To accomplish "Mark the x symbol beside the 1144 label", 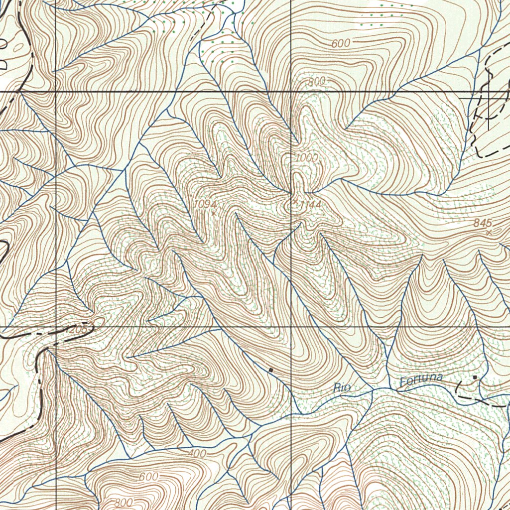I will pos(295,201).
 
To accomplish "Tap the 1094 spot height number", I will pos(205,204).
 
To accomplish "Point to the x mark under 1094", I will pos(214,213).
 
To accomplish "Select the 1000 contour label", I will pos(306,158).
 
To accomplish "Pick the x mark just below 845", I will pos(489,232).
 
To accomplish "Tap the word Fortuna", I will pos(421,381).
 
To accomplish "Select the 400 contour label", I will pos(197,454).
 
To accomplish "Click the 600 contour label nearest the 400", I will pos(148,477).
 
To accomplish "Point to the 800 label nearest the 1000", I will pos(316,82).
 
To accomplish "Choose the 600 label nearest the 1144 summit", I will pos(341,44).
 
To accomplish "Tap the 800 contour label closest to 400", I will pos(124,503).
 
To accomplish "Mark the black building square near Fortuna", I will pos(475,378).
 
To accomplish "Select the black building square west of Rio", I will pos(270,370).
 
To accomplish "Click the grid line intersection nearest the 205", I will pos(56,327).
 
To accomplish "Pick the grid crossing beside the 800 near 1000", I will pos(291,92).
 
